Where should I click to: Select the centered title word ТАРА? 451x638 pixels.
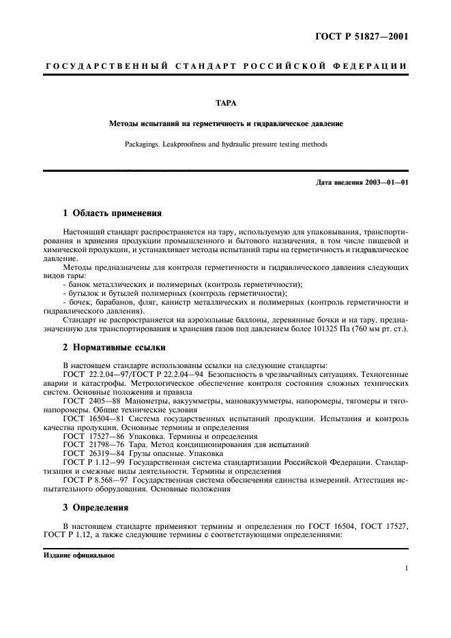(x=225, y=104)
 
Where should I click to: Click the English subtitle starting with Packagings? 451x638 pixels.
(x=225, y=145)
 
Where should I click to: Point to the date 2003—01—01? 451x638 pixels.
(x=385, y=183)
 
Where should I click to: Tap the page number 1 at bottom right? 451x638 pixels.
(x=406, y=568)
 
